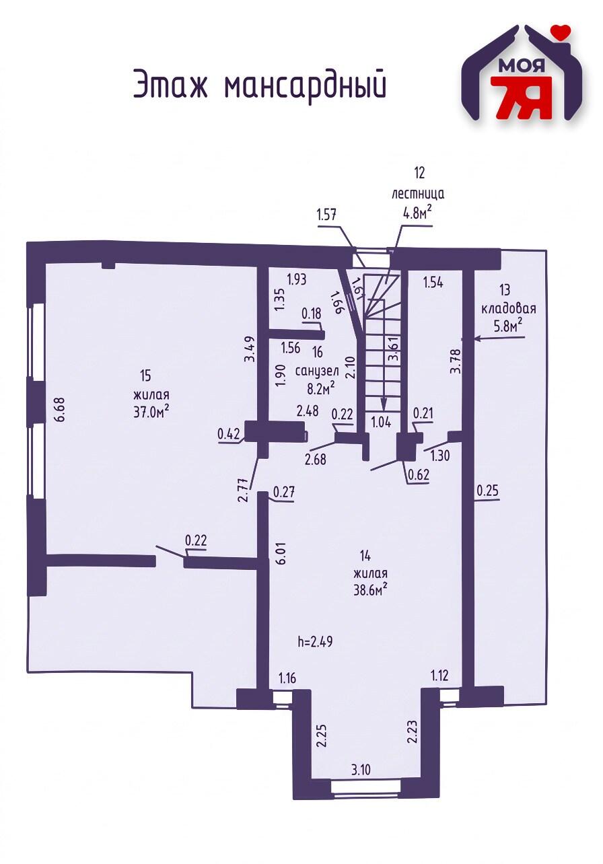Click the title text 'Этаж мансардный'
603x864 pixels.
(259, 84)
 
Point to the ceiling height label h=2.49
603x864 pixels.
(314, 641)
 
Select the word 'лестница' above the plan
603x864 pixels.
(418, 194)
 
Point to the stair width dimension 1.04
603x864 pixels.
(381, 422)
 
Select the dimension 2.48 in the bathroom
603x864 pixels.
(307, 410)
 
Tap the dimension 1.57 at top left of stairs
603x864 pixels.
(326, 215)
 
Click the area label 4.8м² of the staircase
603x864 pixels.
(417, 213)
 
